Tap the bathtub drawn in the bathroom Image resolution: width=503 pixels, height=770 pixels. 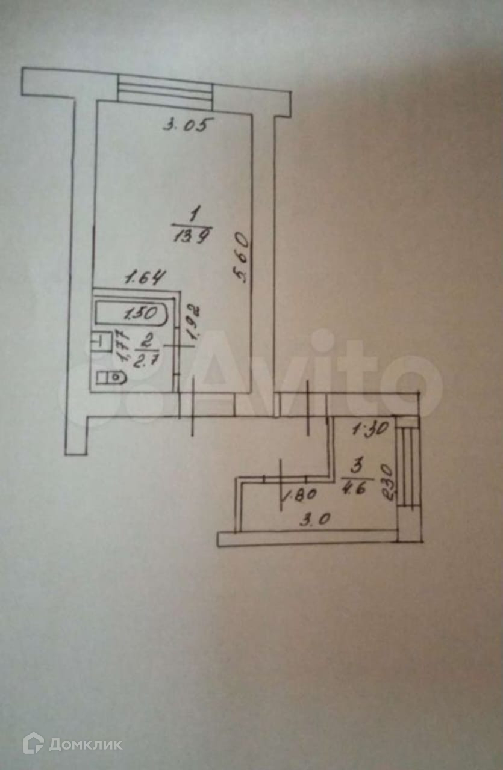pos(133,313)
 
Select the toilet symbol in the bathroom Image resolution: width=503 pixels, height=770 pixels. pos(110,378)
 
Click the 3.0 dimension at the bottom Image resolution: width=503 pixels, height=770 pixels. pos(313,519)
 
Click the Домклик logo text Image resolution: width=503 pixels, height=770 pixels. pos(85,744)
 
